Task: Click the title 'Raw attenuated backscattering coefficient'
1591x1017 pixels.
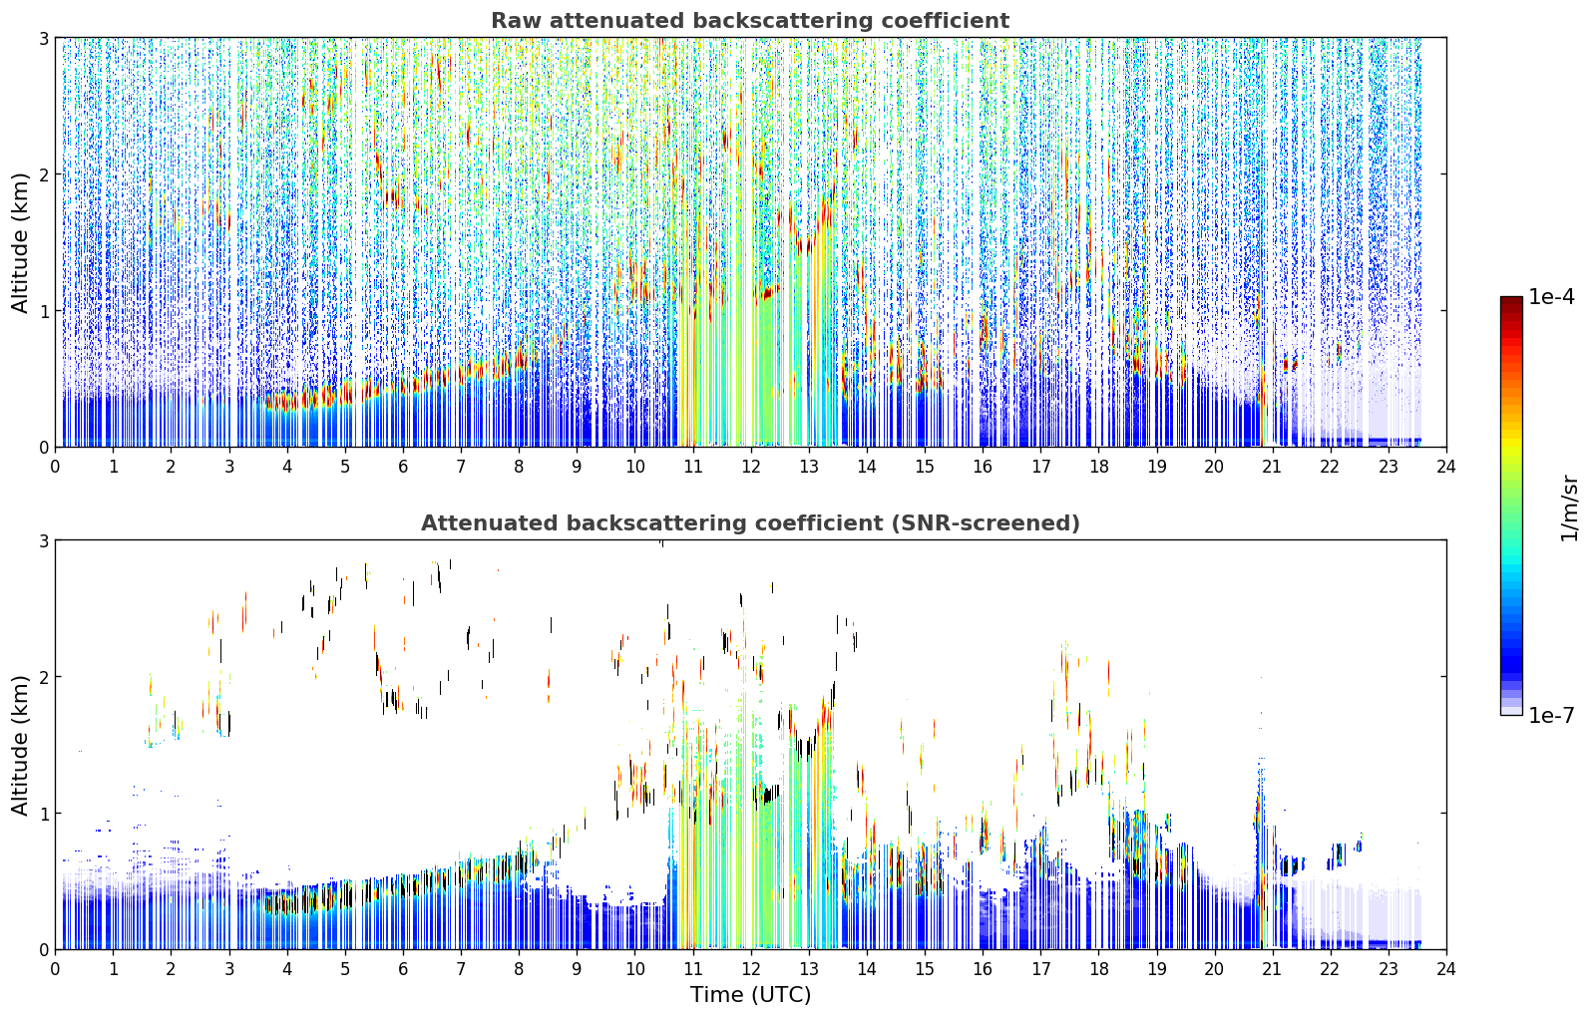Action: click(x=750, y=21)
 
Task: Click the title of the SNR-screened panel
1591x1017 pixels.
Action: click(x=750, y=523)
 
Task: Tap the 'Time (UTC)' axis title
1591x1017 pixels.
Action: click(x=750, y=994)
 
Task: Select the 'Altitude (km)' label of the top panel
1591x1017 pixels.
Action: click(x=20, y=243)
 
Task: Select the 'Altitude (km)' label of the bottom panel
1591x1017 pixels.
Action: click(x=20, y=746)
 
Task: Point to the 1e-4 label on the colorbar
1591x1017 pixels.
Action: click(x=1551, y=297)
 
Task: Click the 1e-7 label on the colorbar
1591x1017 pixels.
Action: click(x=1551, y=715)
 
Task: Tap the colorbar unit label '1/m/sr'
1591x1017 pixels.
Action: click(x=1568, y=509)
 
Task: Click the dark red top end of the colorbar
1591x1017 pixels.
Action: click(x=1511, y=300)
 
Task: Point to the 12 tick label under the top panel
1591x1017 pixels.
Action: click(x=751, y=467)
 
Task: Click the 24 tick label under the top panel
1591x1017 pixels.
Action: click(x=1446, y=467)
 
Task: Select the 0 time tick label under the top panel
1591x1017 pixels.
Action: click(x=56, y=467)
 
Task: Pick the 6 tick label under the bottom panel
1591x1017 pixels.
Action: click(x=403, y=969)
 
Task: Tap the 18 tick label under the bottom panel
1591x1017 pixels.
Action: click(x=1099, y=969)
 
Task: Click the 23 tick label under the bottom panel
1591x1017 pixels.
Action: click(x=1389, y=969)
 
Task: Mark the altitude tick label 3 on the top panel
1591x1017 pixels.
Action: click(x=43, y=38)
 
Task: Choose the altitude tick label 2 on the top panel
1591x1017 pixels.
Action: click(x=43, y=174)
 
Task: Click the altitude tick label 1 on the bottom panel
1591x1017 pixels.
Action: click(x=43, y=814)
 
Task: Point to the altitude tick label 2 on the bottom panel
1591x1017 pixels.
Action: click(x=43, y=678)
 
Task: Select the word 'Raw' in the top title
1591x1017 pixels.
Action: click(x=517, y=21)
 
